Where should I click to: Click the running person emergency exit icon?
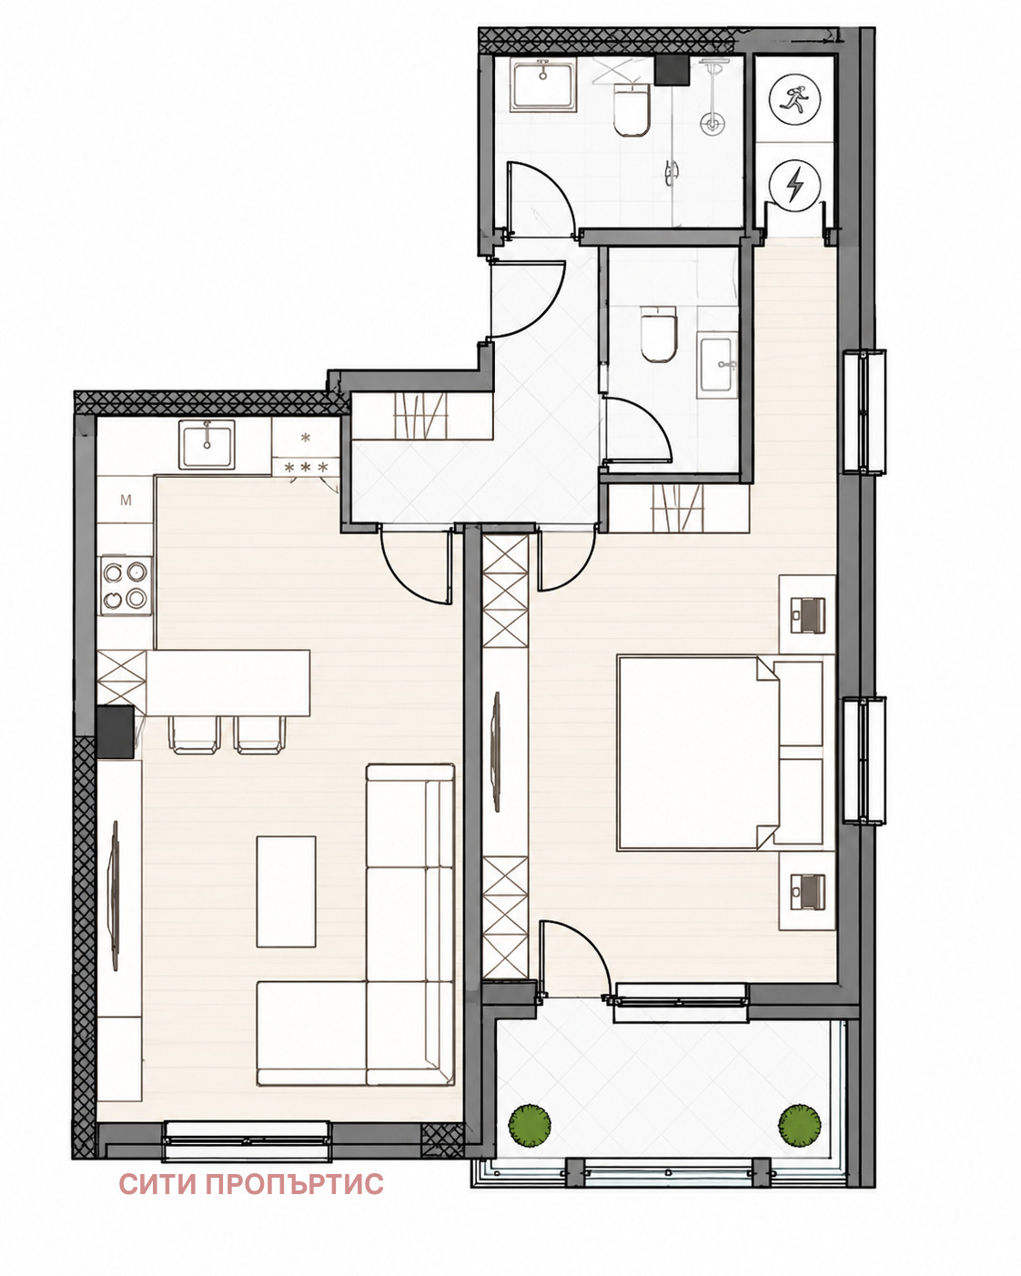tap(794, 99)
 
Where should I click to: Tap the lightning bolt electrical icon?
tap(794, 185)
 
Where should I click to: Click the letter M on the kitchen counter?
tap(126, 500)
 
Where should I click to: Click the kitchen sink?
tap(207, 444)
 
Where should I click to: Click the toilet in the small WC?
tap(659, 334)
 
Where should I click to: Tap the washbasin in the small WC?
tap(715, 365)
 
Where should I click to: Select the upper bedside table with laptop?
tap(807, 614)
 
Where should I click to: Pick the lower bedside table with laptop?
tap(807, 891)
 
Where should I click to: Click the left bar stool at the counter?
tap(195, 734)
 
